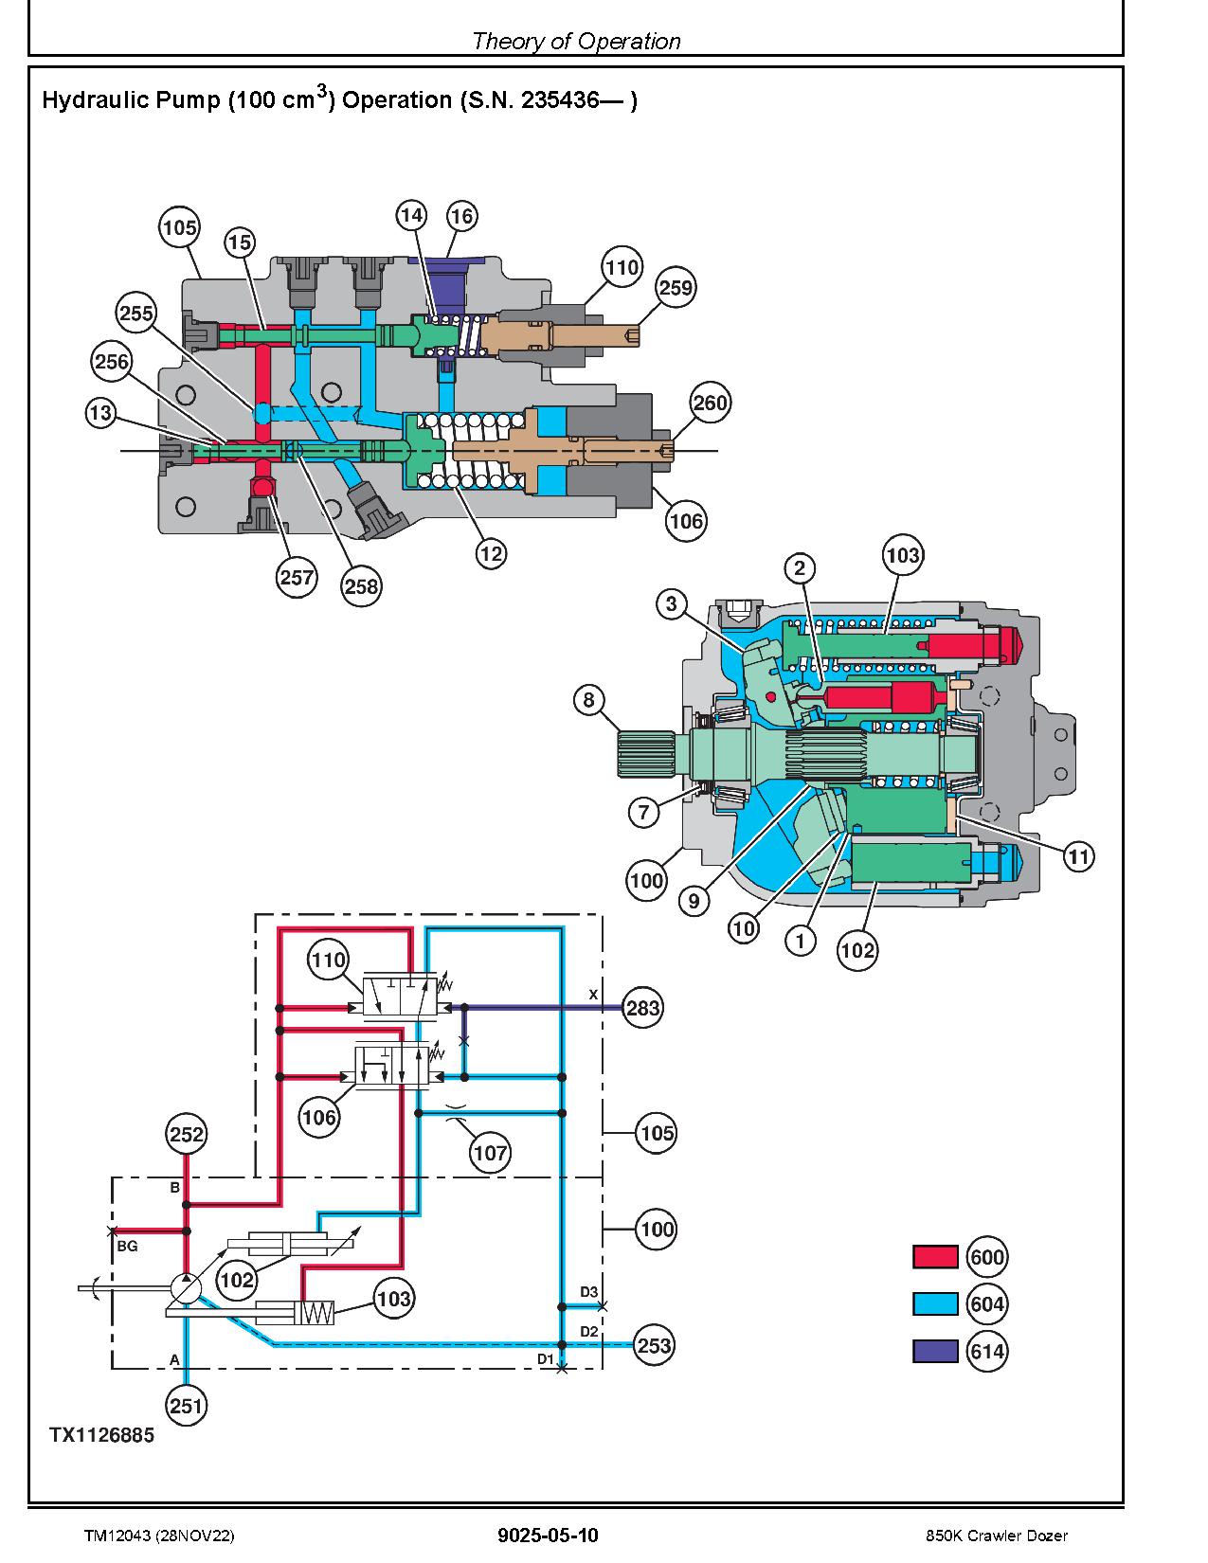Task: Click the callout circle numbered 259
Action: (x=676, y=287)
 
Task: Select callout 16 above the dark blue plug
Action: (x=461, y=217)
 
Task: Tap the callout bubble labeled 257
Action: (x=297, y=576)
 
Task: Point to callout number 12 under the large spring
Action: (x=491, y=553)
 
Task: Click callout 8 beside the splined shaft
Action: (x=589, y=701)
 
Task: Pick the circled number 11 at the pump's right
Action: (x=1078, y=856)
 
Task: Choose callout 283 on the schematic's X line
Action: (x=642, y=1008)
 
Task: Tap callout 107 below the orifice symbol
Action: (x=490, y=1153)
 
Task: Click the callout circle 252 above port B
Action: (x=186, y=1134)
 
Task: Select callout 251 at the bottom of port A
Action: (x=186, y=1405)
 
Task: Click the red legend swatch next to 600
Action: (x=935, y=1257)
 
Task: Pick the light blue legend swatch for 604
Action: (x=935, y=1304)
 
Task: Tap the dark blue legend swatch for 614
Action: (x=935, y=1351)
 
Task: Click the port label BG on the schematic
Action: (x=127, y=1247)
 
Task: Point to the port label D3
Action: (x=588, y=1292)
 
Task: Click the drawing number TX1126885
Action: (x=101, y=1435)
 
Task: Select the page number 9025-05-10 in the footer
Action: (x=548, y=1536)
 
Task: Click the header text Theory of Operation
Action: (x=576, y=42)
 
